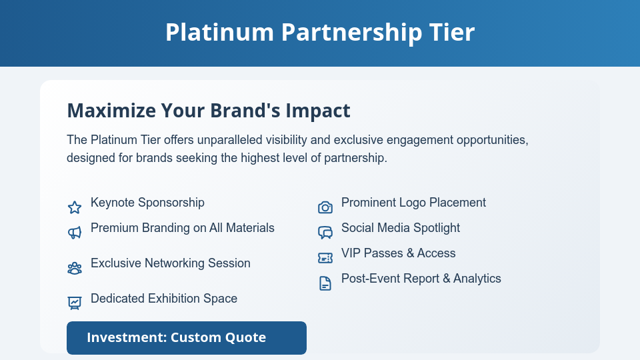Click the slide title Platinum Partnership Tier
point(320,33)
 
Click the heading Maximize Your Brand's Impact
point(209,111)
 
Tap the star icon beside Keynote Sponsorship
point(75,207)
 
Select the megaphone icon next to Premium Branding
point(75,233)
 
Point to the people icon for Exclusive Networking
point(75,268)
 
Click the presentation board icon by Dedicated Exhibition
point(75,303)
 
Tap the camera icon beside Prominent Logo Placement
point(325,207)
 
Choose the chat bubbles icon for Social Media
point(325,233)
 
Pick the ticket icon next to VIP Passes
point(325,258)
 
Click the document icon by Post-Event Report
point(325,283)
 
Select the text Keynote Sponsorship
point(147,203)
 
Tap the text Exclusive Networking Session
point(171,263)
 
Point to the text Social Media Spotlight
point(401,228)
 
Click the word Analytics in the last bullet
point(477,279)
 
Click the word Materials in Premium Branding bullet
point(251,228)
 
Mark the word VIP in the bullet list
point(351,253)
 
